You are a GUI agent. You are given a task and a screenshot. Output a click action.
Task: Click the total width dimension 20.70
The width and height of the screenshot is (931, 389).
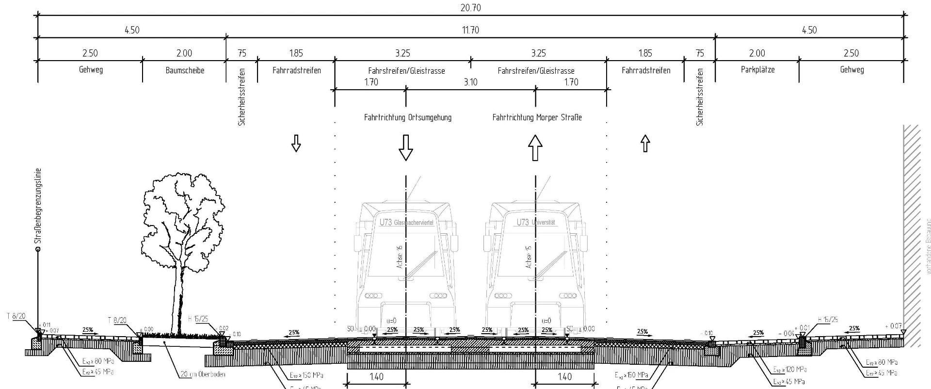coord(470,8)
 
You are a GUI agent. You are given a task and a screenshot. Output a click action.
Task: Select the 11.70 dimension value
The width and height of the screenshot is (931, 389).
coord(470,30)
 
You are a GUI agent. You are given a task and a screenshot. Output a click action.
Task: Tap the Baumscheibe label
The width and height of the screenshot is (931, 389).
coord(185,70)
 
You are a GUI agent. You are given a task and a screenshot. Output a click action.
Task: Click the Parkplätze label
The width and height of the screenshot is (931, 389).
coord(757,70)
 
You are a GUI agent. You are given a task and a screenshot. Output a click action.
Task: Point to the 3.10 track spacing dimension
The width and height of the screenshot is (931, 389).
coord(470,82)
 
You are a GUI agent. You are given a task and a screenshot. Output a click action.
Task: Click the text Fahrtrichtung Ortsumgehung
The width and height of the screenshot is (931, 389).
coord(407,117)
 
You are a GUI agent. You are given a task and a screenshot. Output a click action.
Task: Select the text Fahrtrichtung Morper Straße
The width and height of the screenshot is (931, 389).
coord(537,117)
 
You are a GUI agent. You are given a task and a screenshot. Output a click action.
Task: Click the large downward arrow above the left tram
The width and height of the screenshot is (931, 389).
coord(405,147)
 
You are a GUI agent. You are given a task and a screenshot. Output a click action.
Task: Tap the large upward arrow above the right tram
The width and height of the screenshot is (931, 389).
coord(535,147)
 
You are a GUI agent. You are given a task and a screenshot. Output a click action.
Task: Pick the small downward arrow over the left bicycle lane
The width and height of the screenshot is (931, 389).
coord(296,144)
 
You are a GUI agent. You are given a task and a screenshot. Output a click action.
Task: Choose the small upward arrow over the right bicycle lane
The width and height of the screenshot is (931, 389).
coord(645,143)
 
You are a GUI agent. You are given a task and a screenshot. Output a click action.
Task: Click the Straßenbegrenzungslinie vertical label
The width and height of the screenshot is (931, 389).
coord(39,206)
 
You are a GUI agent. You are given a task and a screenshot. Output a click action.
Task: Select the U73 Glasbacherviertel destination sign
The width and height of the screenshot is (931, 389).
coord(406,222)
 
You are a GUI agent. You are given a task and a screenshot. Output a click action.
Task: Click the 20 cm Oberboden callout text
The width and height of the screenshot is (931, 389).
coord(203,374)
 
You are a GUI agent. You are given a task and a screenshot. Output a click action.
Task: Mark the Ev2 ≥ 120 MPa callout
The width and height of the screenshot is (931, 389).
coord(790,369)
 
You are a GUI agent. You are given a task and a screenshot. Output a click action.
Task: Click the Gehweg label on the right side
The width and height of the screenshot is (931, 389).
coord(851,70)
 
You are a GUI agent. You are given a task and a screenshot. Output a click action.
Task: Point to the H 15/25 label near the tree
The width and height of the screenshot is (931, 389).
coord(198,319)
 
